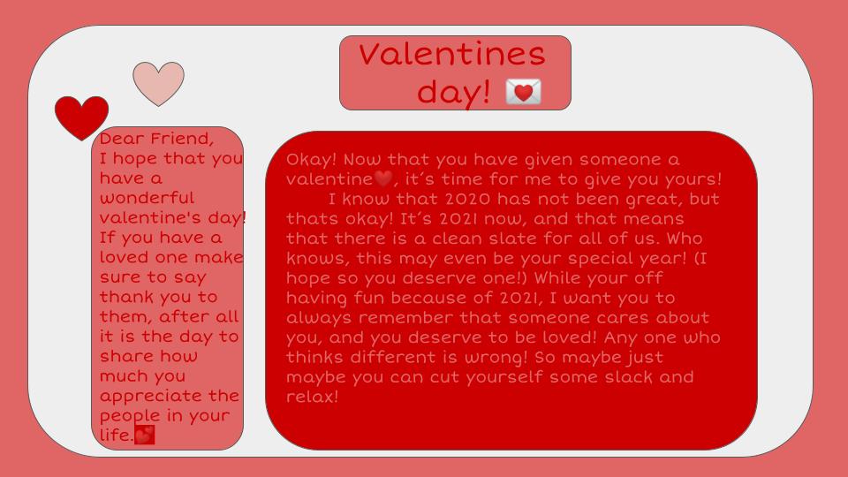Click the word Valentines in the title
pyautogui.click(x=452, y=55)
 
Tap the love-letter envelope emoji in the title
pyautogui.click(x=523, y=91)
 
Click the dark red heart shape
pyautogui.click(x=81, y=117)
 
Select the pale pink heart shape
pyautogui.click(x=158, y=83)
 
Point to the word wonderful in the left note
pyautogui.click(x=147, y=198)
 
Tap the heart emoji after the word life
pyautogui.click(x=144, y=435)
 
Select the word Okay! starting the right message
pyautogui.click(x=311, y=160)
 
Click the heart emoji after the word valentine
pyautogui.click(x=382, y=179)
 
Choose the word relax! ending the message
pyautogui.click(x=312, y=397)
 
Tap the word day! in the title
pyautogui.click(x=453, y=91)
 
